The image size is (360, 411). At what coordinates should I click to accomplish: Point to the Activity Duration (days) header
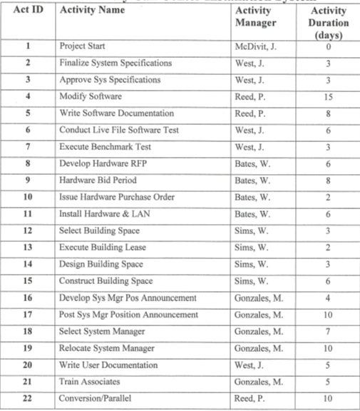coord(329,23)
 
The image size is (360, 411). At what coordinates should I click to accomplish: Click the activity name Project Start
coord(84,46)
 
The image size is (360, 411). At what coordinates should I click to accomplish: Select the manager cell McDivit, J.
coord(255,46)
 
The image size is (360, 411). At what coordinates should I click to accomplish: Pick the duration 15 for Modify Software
coord(329,96)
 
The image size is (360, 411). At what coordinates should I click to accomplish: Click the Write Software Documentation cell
coord(116,113)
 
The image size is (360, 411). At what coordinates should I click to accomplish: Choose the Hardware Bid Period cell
coord(98,180)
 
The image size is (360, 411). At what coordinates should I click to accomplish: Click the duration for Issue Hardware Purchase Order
coord(329,197)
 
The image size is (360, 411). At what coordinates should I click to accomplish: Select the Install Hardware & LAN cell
coord(106,213)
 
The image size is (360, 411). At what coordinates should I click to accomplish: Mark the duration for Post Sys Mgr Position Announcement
coord(329,315)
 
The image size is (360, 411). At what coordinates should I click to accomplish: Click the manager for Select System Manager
coord(258,331)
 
